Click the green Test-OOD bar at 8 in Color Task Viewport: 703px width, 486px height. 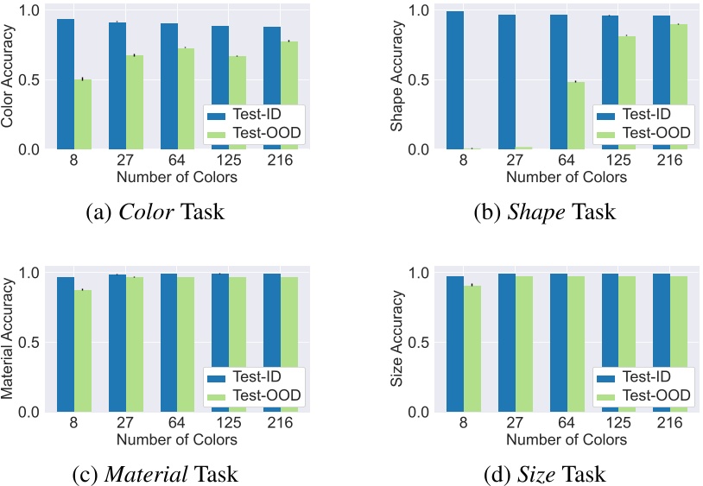82,114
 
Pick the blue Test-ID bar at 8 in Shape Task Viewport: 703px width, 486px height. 456,80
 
